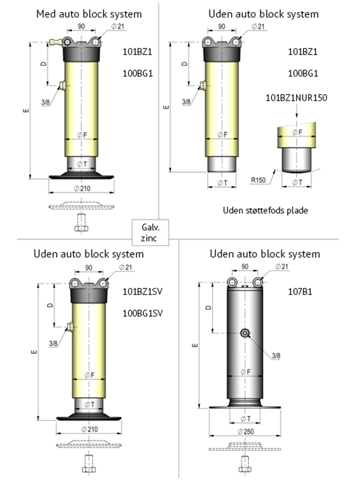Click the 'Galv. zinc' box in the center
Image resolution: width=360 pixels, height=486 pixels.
tap(151, 232)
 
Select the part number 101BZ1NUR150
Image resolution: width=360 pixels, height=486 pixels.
tap(296, 98)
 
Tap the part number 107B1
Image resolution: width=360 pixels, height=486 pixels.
tap(300, 292)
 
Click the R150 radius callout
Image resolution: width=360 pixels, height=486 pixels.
tap(258, 180)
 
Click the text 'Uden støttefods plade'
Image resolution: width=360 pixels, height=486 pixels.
tap(265, 210)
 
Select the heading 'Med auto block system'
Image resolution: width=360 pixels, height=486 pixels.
tap(89, 14)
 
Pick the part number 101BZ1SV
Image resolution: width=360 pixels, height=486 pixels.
tap(142, 292)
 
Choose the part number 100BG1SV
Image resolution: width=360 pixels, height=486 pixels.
tap(143, 313)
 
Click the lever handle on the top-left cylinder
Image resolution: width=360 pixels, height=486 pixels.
tap(56, 41)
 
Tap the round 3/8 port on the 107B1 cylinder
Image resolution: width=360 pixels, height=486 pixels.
tap(245, 333)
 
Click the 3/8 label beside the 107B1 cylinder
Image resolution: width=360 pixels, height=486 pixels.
tap(276, 356)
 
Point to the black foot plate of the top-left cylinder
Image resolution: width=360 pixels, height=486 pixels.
tap(81, 176)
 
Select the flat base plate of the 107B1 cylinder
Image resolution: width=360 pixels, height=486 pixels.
tap(245, 408)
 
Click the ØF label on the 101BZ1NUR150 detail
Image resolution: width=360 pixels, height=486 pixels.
tap(297, 132)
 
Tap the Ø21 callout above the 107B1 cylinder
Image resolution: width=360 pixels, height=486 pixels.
tap(281, 266)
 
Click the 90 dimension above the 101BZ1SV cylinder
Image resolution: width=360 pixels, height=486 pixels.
tap(89, 268)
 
